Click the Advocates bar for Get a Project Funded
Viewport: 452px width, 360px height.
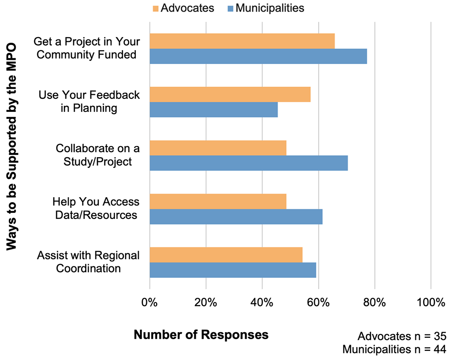(242, 41)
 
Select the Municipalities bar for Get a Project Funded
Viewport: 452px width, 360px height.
(258, 56)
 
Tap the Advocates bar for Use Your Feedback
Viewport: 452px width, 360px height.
(230, 94)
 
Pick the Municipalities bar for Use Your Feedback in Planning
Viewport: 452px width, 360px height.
(214, 109)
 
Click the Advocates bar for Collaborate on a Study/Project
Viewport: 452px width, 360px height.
(218, 148)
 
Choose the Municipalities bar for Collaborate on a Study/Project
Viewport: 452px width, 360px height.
(248, 163)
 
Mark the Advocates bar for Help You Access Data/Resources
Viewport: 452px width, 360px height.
(218, 201)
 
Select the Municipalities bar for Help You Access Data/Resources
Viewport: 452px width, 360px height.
(236, 217)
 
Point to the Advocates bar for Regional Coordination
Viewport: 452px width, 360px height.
(226, 255)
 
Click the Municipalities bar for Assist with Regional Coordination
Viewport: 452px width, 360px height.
(233, 270)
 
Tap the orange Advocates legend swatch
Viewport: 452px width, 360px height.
(155, 8)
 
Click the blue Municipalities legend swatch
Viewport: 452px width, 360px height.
(230, 8)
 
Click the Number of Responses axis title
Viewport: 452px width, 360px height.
(201, 334)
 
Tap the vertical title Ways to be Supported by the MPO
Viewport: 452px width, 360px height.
(12, 147)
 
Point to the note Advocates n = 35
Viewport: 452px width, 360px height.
(401, 336)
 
